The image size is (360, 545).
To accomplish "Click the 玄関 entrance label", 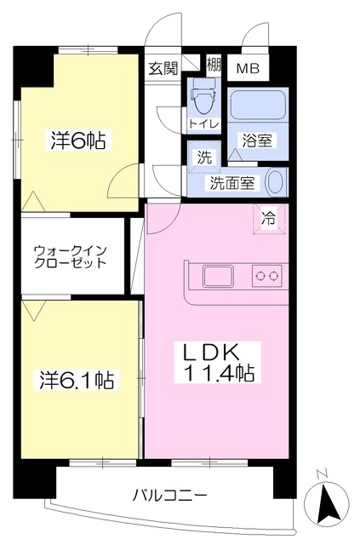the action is (x=163, y=68).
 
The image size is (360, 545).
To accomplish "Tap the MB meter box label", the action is (x=249, y=68).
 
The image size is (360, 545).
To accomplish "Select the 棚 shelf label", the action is (x=214, y=64).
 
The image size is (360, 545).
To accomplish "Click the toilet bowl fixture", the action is (x=204, y=95).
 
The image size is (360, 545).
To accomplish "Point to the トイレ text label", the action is (x=203, y=123).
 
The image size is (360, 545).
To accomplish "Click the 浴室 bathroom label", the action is (x=257, y=141).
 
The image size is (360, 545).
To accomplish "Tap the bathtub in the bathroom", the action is (x=258, y=104).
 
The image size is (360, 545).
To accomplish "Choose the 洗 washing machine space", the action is (x=204, y=157).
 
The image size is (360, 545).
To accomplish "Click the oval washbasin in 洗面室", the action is (x=276, y=181).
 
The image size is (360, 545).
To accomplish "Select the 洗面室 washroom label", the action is (x=232, y=183).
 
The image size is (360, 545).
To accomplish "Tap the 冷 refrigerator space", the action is (x=269, y=219).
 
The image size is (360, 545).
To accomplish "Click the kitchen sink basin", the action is (x=218, y=277).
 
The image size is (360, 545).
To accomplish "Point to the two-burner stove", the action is (x=267, y=276).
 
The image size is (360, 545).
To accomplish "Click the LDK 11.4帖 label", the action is (x=218, y=363).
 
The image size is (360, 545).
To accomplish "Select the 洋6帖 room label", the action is (x=78, y=140).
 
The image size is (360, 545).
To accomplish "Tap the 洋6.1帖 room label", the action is (x=77, y=380).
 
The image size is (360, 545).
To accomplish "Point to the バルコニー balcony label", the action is (x=170, y=495).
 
